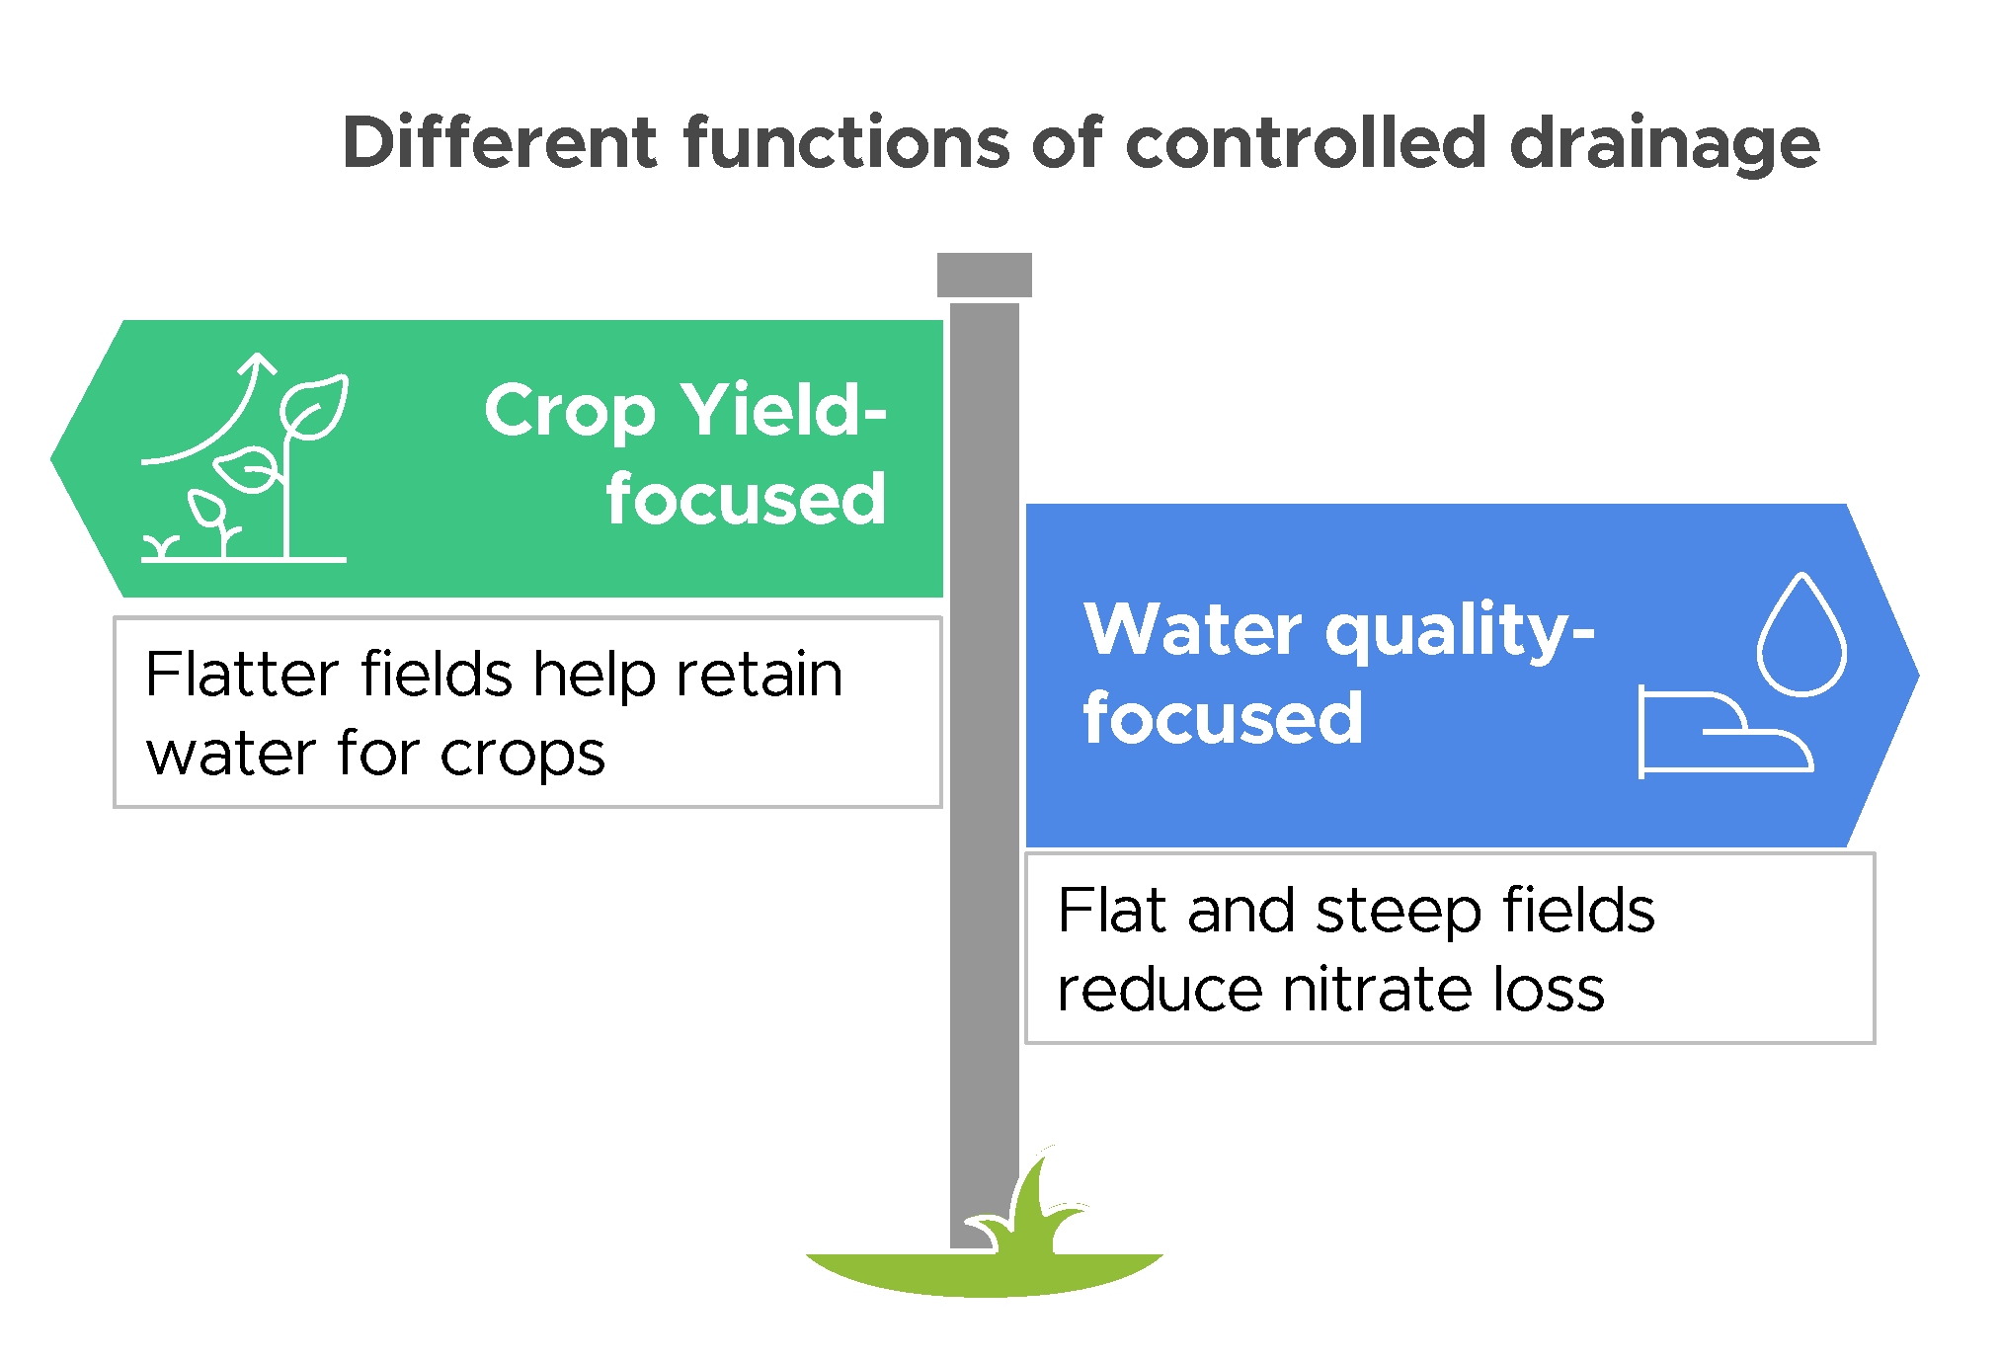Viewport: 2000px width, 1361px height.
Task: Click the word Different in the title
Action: point(499,143)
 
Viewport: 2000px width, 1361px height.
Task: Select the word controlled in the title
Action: point(1306,143)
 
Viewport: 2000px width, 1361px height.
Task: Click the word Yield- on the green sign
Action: point(784,410)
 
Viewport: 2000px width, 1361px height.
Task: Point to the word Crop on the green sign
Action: point(570,412)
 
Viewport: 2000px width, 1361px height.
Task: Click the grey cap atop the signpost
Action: point(984,275)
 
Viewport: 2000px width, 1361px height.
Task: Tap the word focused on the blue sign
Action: point(1223,718)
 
